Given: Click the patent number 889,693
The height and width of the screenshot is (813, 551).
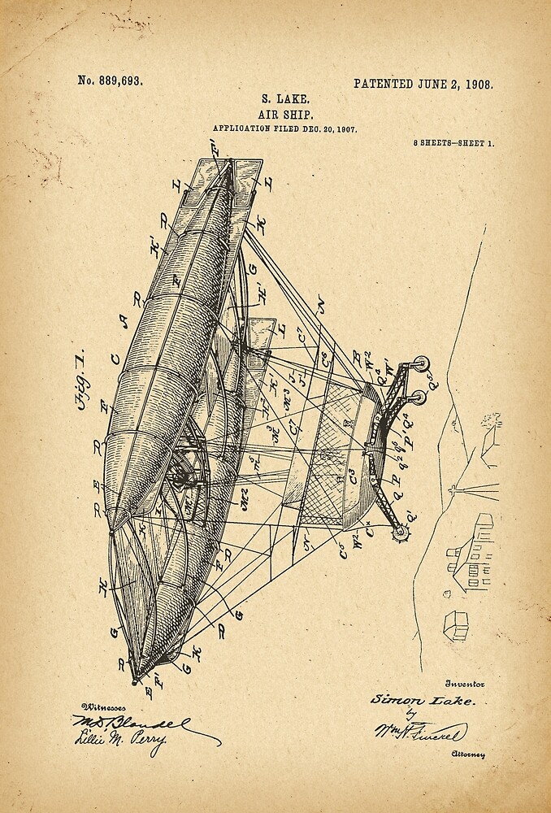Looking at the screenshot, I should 111,80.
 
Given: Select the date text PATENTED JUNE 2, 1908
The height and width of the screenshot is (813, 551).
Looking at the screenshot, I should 423,84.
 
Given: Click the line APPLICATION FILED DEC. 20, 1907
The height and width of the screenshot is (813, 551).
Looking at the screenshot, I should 284,129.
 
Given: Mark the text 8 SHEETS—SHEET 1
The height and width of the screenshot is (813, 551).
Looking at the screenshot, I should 453,143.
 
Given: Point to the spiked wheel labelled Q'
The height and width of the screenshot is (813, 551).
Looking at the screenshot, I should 400,531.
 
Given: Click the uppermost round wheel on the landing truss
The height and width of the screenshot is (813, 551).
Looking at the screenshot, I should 420,363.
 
